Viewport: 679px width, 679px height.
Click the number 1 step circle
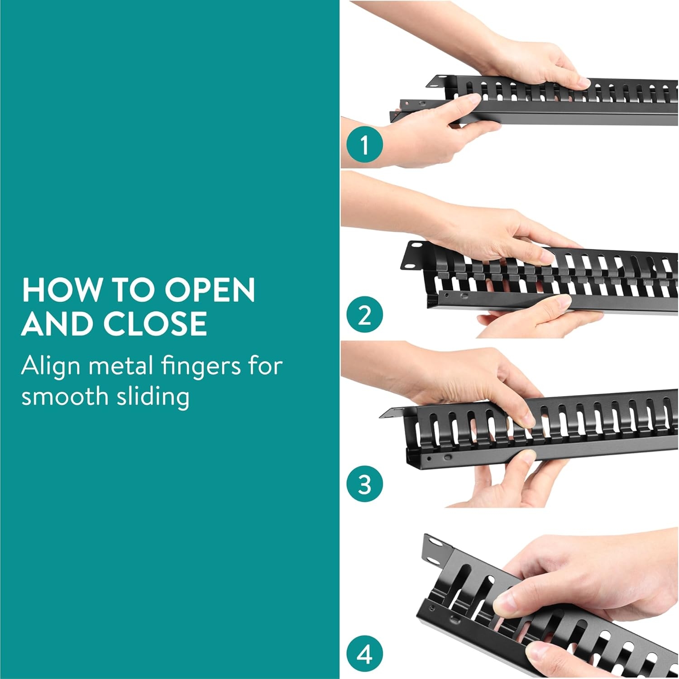[365, 145]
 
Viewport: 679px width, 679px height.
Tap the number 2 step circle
[365, 315]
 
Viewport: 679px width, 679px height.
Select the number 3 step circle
[365, 484]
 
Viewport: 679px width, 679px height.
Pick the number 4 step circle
[365, 654]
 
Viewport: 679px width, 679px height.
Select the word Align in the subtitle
[51, 367]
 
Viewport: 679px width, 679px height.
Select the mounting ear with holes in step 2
[414, 255]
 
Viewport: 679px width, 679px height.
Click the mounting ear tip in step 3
[381, 417]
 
